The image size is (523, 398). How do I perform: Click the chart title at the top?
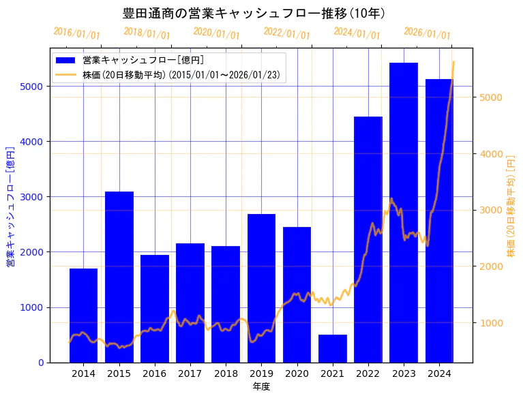pos(254,14)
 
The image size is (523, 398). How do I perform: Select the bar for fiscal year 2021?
pos(332,348)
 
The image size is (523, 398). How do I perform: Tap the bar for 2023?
pos(404,212)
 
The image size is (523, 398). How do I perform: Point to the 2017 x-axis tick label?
pos(190,373)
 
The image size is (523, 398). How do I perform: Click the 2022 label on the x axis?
pos(368,373)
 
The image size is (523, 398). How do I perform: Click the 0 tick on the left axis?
pos(42,363)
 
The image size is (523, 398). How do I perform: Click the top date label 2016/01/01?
pos(76,33)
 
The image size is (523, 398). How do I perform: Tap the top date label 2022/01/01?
pos(286,33)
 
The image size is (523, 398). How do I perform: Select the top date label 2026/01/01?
pos(427,33)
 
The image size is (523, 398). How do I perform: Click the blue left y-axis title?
pos(10,205)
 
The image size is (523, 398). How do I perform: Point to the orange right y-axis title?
pos(511,205)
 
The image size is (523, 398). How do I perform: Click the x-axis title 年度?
pos(261,386)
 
